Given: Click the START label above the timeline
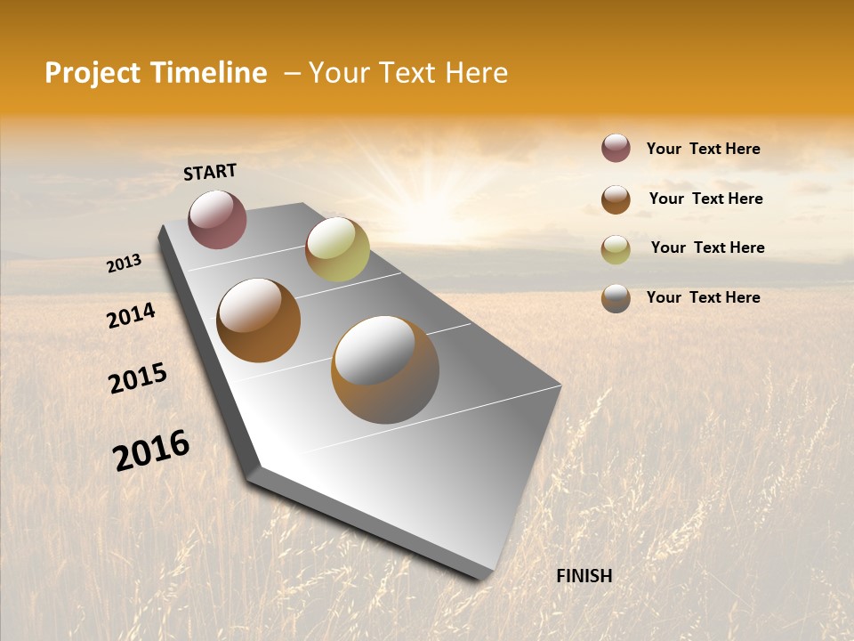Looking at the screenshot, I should point(210,172).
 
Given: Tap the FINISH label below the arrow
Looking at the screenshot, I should point(584,576).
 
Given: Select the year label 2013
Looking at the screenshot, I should point(124,264).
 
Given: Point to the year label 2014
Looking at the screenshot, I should point(131,315).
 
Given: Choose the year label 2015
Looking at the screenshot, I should point(138,377).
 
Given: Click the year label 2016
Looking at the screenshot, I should point(151,450).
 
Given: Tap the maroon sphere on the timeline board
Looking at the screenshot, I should point(217,219).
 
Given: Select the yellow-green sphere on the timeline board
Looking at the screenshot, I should point(337,249).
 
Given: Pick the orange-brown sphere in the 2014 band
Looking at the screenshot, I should point(258,320).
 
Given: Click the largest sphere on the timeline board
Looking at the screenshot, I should point(384,369).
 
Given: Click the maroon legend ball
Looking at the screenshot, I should point(616,148).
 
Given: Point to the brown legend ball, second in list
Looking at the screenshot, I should point(616,199).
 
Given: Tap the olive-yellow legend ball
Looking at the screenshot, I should point(616,249).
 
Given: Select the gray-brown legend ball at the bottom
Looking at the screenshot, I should point(616,298).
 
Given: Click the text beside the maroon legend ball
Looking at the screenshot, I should point(703,149).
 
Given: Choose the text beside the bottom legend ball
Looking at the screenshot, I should point(703,297).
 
